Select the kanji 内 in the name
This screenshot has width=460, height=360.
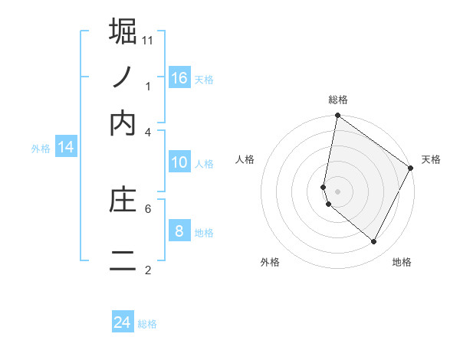[x=123, y=123]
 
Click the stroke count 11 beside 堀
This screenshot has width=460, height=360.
[x=148, y=40]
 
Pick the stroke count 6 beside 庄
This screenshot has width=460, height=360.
[x=148, y=208]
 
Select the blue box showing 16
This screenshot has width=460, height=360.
[x=179, y=78]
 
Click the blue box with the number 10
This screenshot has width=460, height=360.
[x=179, y=162]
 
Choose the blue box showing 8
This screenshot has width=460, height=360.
[x=179, y=231]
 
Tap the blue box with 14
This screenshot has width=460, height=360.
[x=66, y=148]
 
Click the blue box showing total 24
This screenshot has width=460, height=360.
[x=123, y=322]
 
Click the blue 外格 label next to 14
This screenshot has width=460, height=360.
[x=41, y=149]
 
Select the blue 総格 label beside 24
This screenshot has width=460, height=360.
[x=147, y=324]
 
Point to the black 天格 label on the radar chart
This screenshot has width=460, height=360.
[x=431, y=159]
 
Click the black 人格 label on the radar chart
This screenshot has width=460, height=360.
[x=245, y=159]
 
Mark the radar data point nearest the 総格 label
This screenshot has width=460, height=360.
[x=337, y=116]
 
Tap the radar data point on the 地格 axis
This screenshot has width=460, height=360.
[x=374, y=242]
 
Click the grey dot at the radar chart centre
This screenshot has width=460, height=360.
[x=337, y=191]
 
